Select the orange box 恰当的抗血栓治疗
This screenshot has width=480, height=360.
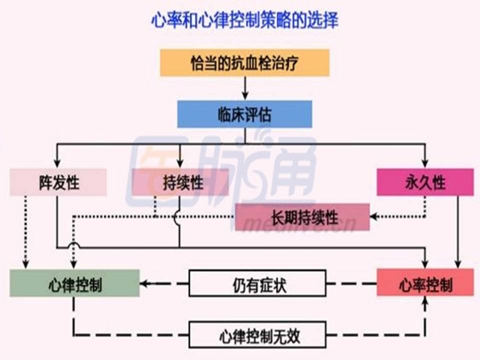244,62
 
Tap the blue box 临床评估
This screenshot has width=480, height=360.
244,114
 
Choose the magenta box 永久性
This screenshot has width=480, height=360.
425,182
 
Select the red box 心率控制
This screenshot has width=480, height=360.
425,283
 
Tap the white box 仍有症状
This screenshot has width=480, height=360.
257,283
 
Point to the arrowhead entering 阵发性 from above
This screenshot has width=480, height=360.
57,162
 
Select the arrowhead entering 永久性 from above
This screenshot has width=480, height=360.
425,162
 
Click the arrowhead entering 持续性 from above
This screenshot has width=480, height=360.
180,162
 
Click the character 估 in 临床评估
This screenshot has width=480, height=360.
265,114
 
